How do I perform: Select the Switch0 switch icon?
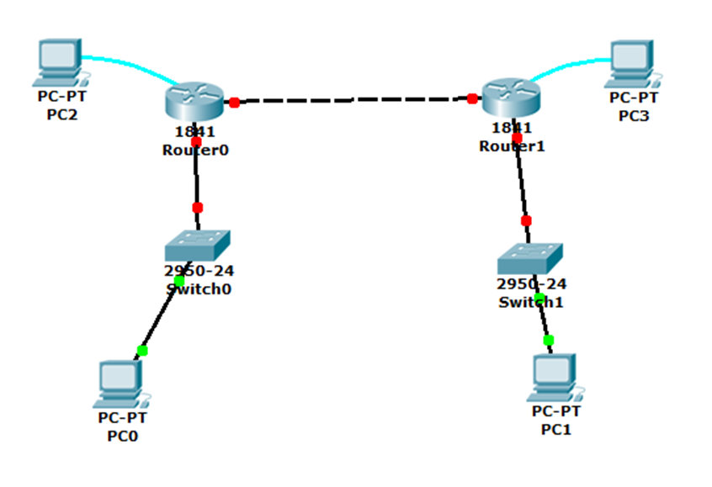pyautogui.click(x=197, y=245)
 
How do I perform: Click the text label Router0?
pyautogui.click(x=195, y=151)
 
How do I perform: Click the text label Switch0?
pyautogui.click(x=199, y=289)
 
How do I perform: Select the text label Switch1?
pyautogui.click(x=530, y=302)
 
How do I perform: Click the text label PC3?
pyautogui.click(x=634, y=116)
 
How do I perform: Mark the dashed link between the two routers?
pyautogui.click(x=353, y=100)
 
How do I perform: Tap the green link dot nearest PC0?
pyautogui.click(x=142, y=350)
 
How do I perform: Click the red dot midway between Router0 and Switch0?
pyautogui.click(x=197, y=207)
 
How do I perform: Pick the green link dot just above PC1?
pyautogui.click(x=549, y=340)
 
